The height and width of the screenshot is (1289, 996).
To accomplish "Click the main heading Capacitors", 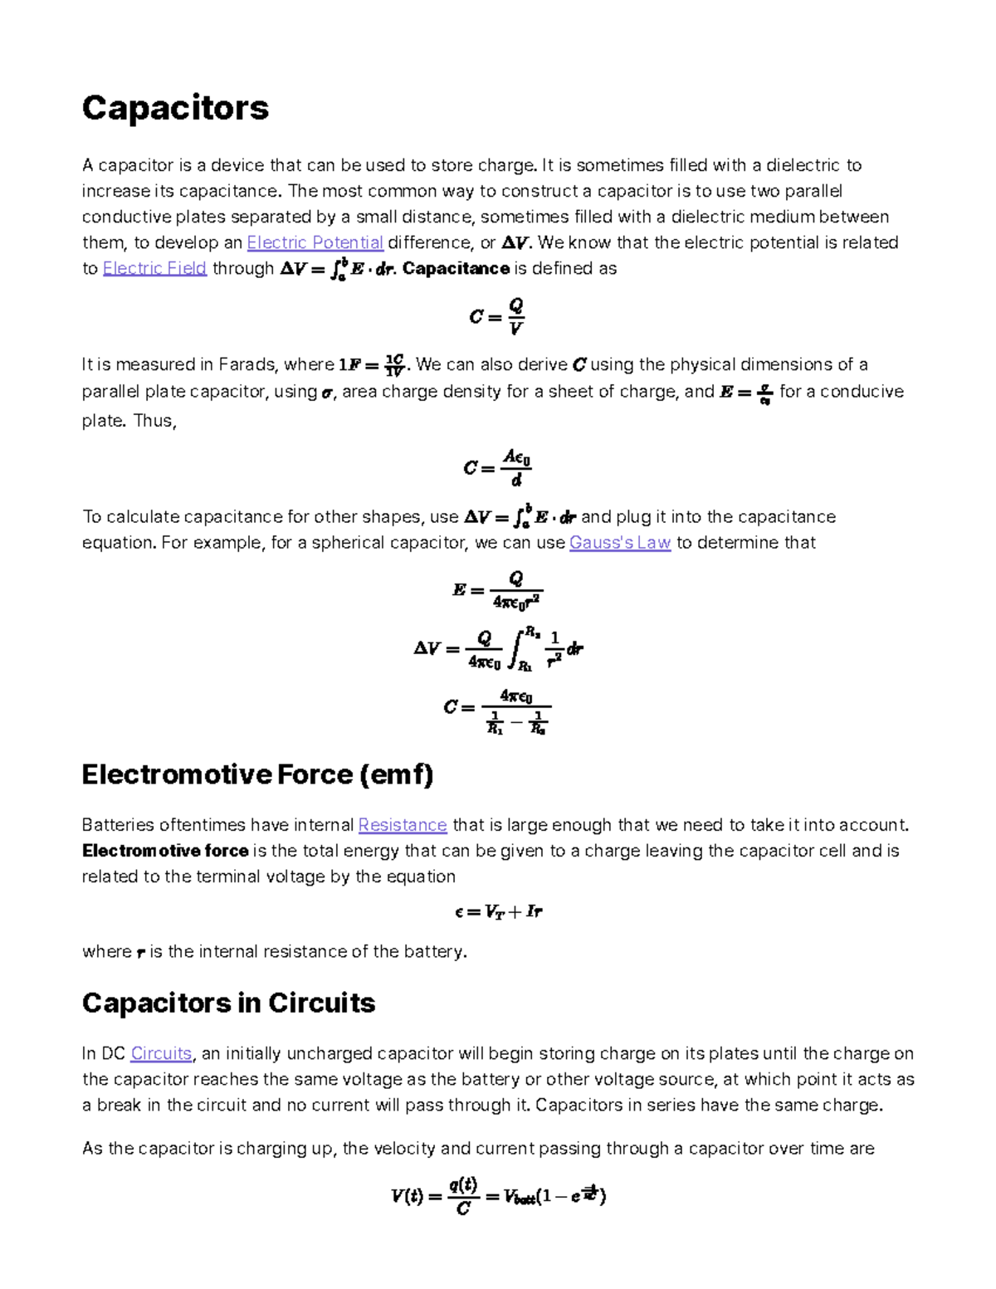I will pyautogui.click(x=175, y=108).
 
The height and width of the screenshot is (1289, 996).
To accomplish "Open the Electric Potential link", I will pyautogui.click(x=315, y=242).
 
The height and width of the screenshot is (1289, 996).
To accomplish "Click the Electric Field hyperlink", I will pyautogui.click(x=154, y=268).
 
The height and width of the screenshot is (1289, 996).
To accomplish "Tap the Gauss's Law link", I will pyautogui.click(x=619, y=543).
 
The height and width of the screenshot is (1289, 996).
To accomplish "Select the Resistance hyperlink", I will pyautogui.click(x=403, y=825).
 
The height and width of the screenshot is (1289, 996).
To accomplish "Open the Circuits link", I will pyautogui.click(x=161, y=1053).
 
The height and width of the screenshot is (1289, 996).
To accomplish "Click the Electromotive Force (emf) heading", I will pyautogui.click(x=257, y=774).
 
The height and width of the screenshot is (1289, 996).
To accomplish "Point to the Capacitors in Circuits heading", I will pyautogui.click(x=228, y=1003).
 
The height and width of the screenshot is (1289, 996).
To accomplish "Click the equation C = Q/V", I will pyautogui.click(x=497, y=316).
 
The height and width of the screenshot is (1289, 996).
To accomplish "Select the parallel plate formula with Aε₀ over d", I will pyautogui.click(x=497, y=468).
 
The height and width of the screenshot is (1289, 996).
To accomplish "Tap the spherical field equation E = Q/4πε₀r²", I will pyautogui.click(x=497, y=590).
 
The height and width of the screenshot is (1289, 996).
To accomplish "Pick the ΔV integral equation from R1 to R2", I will pyautogui.click(x=498, y=649).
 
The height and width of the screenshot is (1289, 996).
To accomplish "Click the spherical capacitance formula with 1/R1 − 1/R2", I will pyautogui.click(x=496, y=710).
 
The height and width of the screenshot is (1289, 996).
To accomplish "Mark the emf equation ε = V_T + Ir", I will pyautogui.click(x=498, y=912).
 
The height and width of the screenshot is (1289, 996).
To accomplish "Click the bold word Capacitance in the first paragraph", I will pyautogui.click(x=456, y=268).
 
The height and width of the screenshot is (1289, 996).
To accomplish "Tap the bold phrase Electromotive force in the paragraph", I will pyautogui.click(x=165, y=851).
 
